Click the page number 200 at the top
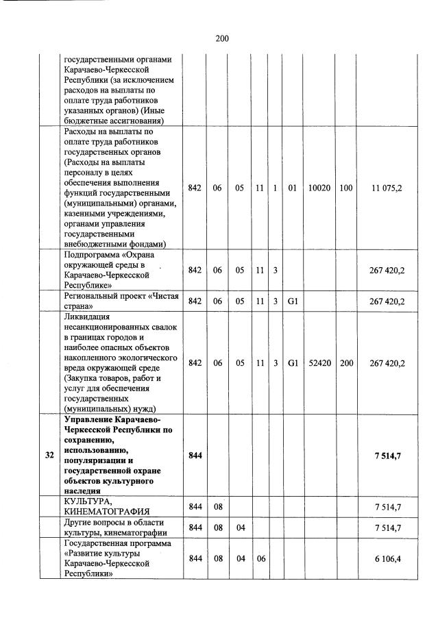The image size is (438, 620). pyautogui.click(x=221, y=38)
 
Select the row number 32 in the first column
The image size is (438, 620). pyautogui.click(x=49, y=455)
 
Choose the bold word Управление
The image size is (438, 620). pyautogui.click(x=89, y=420)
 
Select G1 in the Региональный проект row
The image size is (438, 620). pyautogui.click(x=292, y=301)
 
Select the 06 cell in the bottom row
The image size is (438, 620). pyautogui.click(x=260, y=559)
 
